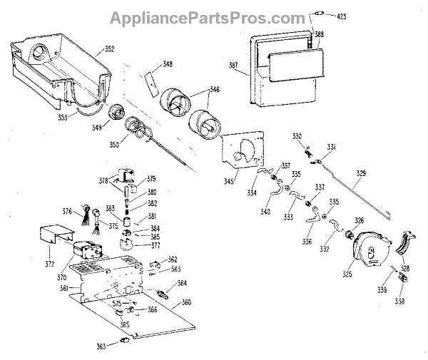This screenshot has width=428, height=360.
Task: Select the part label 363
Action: [101, 346]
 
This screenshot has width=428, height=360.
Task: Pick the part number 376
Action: [67, 211]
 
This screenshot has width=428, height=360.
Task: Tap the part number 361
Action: [63, 289]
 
